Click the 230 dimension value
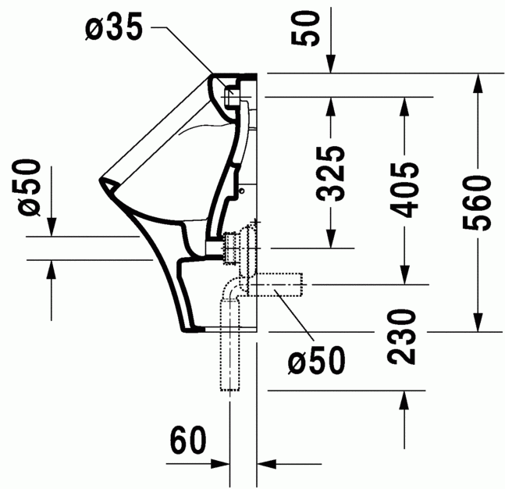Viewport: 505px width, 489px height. click(404, 337)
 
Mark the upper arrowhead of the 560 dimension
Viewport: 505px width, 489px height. click(476, 81)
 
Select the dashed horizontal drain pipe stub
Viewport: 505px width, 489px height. click(281, 286)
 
